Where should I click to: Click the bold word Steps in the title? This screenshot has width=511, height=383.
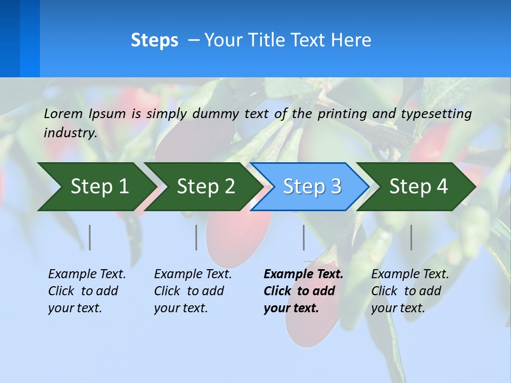click(154, 40)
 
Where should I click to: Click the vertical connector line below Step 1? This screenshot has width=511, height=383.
click(90, 237)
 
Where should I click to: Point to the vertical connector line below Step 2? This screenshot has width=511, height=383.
click(196, 237)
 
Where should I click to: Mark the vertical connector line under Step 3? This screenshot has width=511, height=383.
click(304, 237)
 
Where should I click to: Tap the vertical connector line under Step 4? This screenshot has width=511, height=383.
click(411, 237)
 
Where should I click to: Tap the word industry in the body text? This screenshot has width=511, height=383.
click(70, 133)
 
